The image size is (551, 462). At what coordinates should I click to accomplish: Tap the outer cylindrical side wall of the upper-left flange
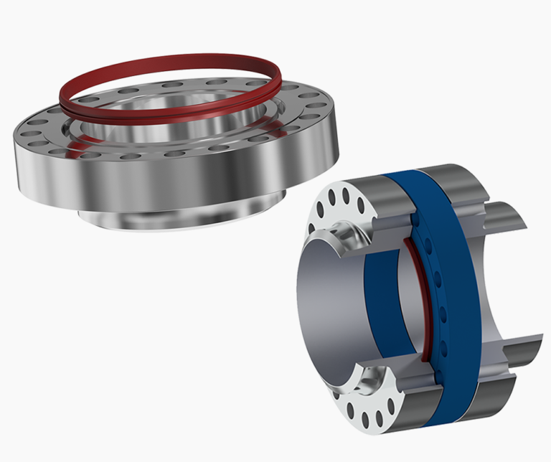tap(143, 179)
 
